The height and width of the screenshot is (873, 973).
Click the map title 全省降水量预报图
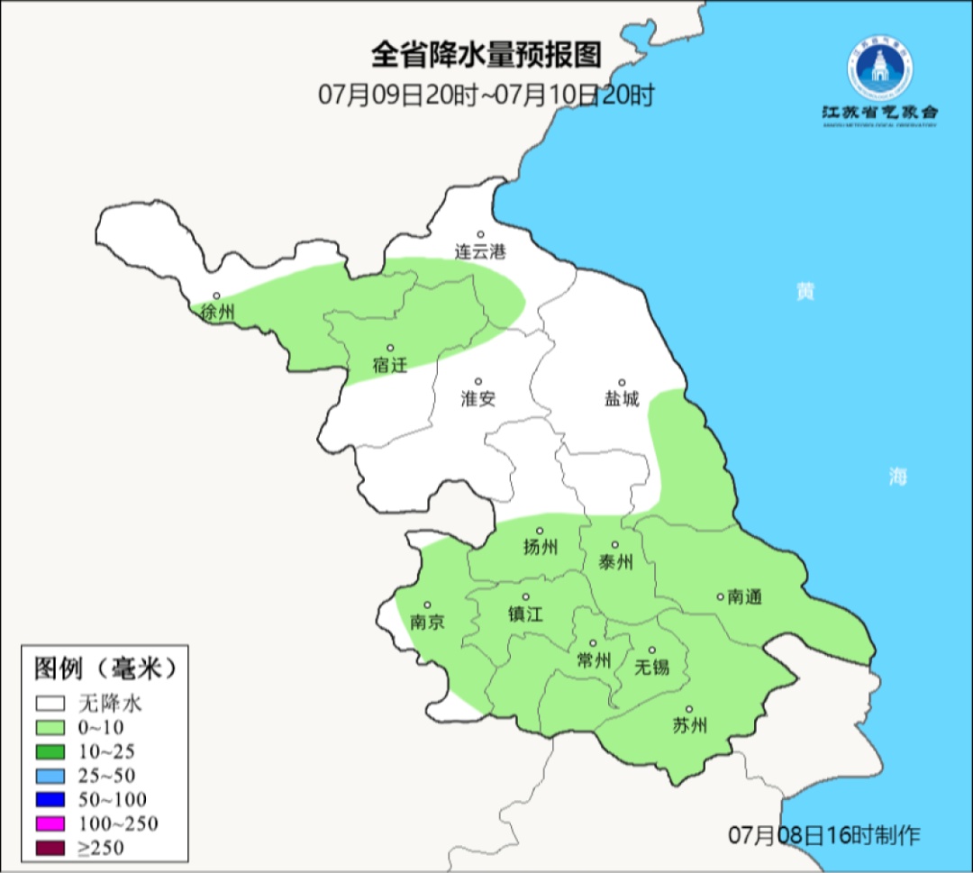click(x=486, y=55)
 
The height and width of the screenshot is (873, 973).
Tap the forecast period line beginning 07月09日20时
click(x=486, y=95)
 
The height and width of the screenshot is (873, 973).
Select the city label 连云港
click(x=480, y=252)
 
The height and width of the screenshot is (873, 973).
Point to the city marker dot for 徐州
click(x=216, y=296)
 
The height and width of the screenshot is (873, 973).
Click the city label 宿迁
click(x=390, y=365)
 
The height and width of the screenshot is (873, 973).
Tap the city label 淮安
click(x=478, y=399)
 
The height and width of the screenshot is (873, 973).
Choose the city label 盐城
click(x=621, y=399)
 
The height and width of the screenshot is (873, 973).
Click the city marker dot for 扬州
click(x=541, y=531)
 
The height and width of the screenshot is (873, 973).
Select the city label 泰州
click(x=615, y=563)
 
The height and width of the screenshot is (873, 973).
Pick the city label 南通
click(x=745, y=596)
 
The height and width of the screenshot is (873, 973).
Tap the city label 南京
click(x=427, y=623)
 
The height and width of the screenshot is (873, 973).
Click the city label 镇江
click(x=526, y=614)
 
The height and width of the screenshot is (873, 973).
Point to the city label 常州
click(x=594, y=660)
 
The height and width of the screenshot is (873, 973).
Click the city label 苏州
click(x=690, y=726)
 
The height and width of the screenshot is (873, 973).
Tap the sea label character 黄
click(x=805, y=292)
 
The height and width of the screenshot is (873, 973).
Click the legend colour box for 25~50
click(x=50, y=775)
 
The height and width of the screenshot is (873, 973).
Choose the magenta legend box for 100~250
click(x=50, y=823)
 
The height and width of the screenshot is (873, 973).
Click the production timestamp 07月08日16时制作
click(x=824, y=835)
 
